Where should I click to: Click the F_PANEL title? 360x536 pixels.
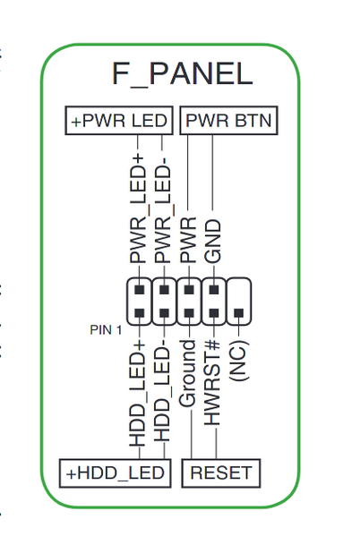182,73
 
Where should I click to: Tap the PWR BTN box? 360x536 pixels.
229,120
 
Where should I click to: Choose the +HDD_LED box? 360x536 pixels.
114,472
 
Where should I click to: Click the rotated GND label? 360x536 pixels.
213,241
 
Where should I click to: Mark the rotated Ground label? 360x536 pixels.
188,374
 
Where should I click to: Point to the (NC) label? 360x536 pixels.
237,360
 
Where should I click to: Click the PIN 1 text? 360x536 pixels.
106,329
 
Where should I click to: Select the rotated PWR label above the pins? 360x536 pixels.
188,239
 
